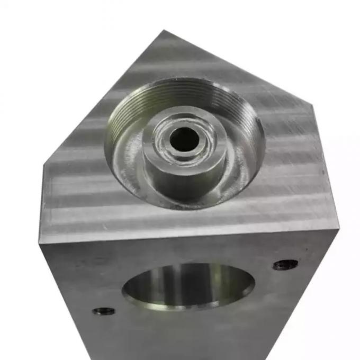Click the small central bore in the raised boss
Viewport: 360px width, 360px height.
coord(184,139)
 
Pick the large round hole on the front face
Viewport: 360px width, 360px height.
coord(188,286)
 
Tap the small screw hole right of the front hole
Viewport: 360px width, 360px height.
coord(285,264)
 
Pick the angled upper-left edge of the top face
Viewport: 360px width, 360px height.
coord(101,98)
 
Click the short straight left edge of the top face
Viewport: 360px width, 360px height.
coord(41,204)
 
